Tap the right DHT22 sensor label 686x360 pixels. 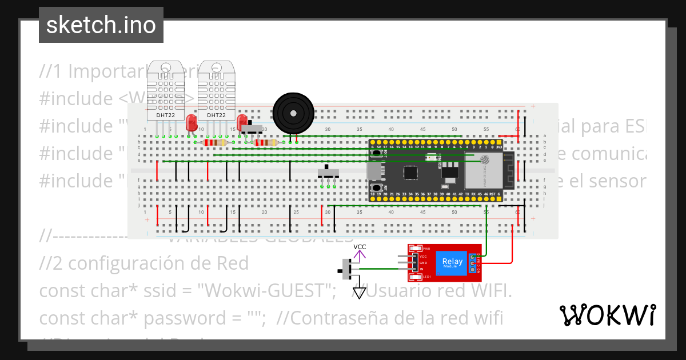point(216,115)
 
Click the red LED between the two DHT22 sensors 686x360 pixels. point(191,122)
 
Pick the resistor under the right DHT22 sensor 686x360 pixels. point(214,143)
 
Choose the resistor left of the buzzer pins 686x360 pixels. point(265,143)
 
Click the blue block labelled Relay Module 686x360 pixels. point(450,262)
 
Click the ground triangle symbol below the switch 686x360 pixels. point(359,293)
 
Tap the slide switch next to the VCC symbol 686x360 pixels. point(346,269)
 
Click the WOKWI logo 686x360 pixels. point(607,315)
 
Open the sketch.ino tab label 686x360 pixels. point(101,25)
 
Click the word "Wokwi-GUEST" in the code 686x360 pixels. point(266,290)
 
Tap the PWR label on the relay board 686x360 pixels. point(426,249)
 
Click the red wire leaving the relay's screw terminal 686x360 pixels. point(497,262)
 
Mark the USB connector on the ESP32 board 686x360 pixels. point(374,170)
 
